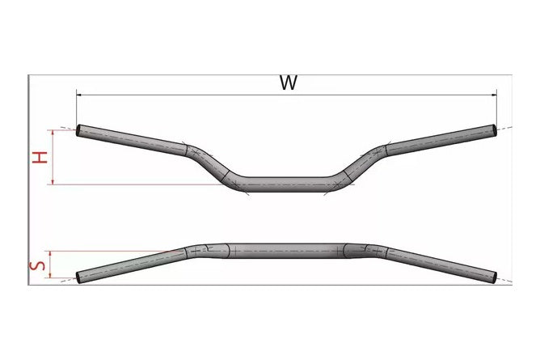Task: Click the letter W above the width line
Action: (288, 83)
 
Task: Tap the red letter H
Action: (40, 157)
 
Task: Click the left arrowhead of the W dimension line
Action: (79, 95)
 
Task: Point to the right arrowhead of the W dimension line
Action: (494, 95)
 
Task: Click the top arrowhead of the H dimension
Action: (53, 133)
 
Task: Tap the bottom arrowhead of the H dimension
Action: (53, 181)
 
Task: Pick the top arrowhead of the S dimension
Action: (50, 253)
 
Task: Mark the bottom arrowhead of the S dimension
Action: (50, 275)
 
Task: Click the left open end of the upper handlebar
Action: (78, 130)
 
